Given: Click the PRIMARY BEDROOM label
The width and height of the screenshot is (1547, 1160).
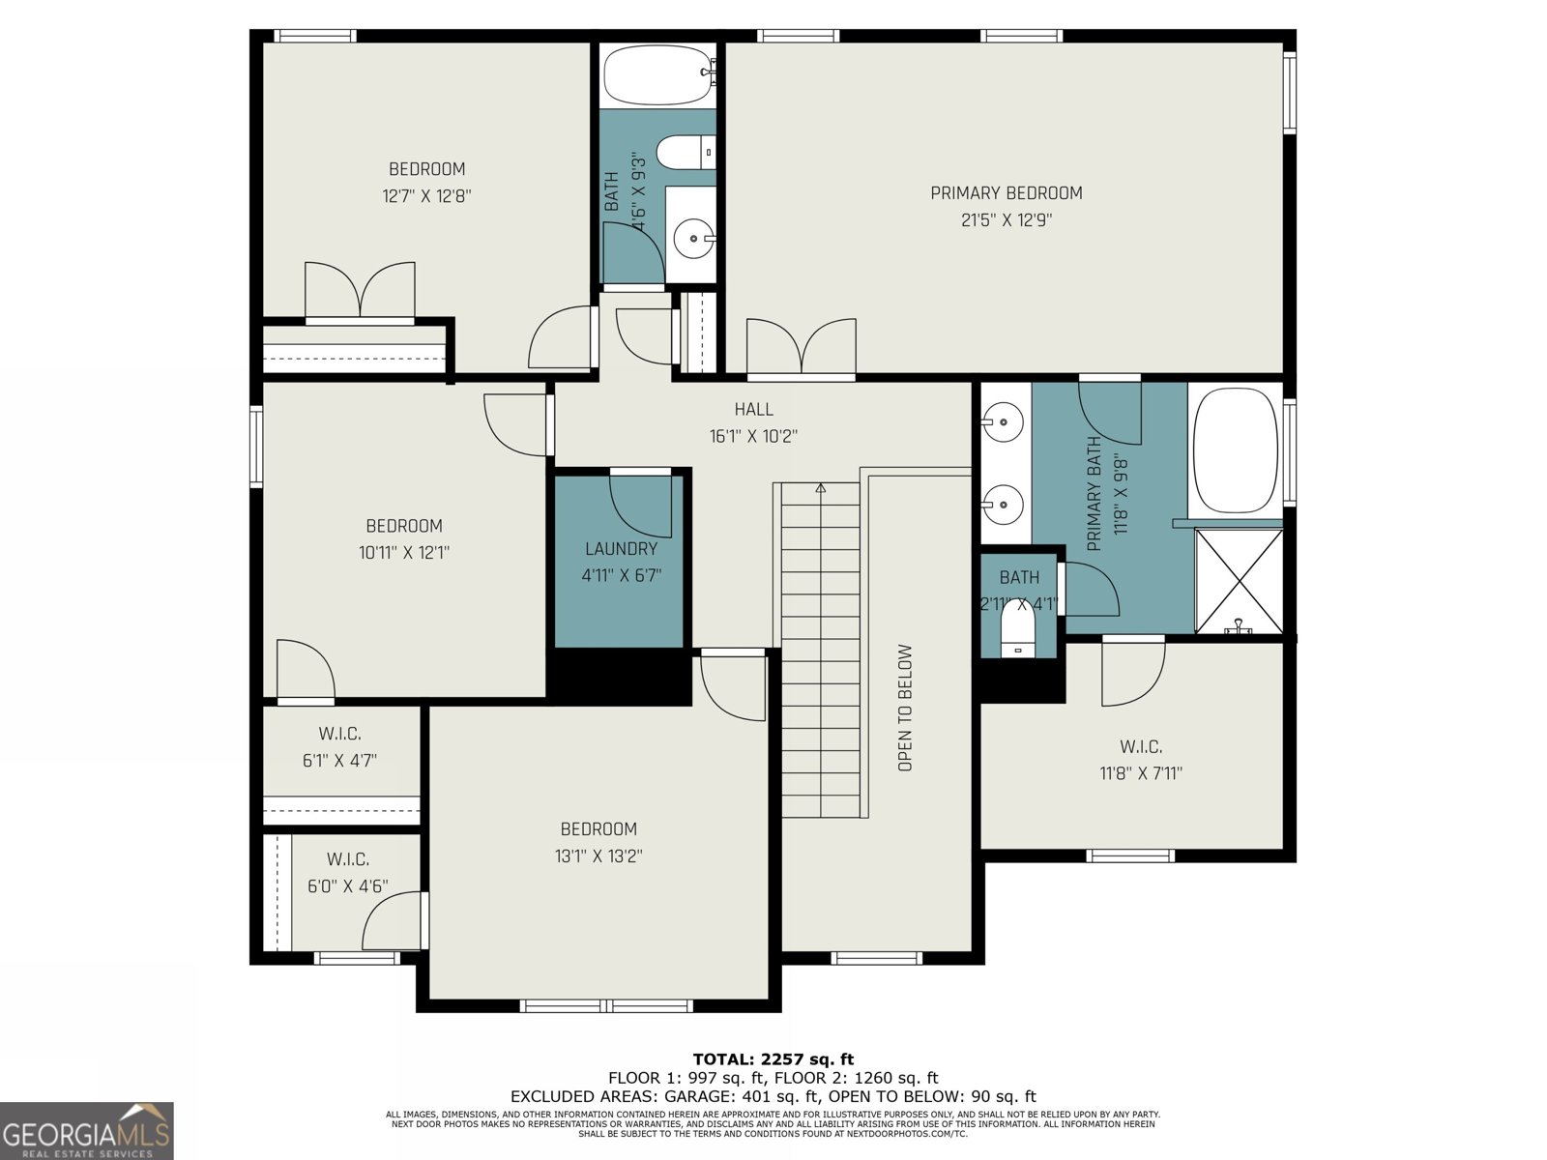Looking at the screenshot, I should pos(1006,193).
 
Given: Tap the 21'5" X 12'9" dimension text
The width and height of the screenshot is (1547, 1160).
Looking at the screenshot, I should pos(1006,220).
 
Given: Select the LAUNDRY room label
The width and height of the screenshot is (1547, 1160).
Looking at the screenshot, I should pos(621,549).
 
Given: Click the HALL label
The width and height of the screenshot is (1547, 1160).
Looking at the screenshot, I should pos(753,410).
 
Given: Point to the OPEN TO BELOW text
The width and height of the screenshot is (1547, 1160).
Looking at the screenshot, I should pos(905,708).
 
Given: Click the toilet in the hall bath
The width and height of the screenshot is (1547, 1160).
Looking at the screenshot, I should pos(685,153).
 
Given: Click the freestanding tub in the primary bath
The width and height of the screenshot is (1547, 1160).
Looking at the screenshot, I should pos(1235,451).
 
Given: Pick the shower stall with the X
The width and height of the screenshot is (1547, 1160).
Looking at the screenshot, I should pos(1239,580).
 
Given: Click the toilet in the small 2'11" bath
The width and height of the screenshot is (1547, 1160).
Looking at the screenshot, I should pos(1017,630).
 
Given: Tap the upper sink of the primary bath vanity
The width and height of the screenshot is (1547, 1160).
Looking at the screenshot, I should pos(1003,421).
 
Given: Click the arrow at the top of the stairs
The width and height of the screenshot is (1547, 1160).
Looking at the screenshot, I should pos(821,487).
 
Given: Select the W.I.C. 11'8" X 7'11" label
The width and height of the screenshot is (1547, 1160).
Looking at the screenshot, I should pos(1141,760).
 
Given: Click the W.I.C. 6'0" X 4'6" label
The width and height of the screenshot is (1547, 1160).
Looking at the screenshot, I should pos(347,872).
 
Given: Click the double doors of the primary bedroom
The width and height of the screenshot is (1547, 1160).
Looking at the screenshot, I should pos(801,348).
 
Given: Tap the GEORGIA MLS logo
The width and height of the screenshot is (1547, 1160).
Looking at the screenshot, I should pos(87,1131).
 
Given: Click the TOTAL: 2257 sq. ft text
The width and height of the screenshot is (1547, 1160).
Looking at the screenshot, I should pos(773,1059).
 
